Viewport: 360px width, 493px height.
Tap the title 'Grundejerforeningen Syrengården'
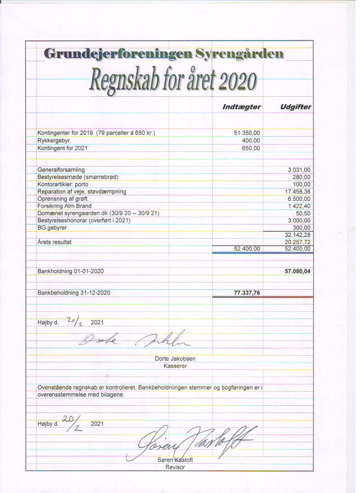(x=164, y=54)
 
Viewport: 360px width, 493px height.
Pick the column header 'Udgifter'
(x=295, y=107)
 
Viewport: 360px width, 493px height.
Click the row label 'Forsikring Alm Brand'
(x=65, y=206)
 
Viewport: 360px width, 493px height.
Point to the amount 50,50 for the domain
(x=303, y=213)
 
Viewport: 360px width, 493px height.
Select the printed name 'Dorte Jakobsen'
(x=175, y=358)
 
